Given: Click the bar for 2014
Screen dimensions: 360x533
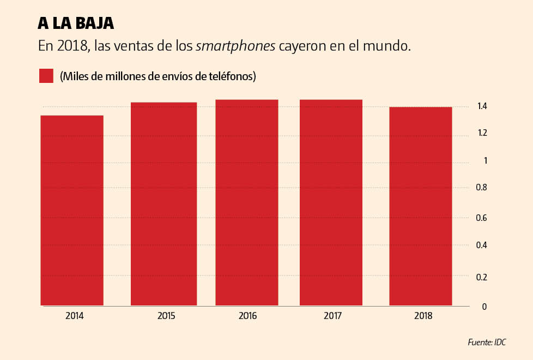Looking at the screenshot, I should (72, 211).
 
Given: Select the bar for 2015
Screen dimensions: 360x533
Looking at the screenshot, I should (163, 204).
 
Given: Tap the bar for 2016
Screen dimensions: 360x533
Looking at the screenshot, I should (247, 202).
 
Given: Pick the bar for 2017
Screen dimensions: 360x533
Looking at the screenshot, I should (331, 202).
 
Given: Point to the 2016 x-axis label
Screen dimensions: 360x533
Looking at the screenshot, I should (247, 316).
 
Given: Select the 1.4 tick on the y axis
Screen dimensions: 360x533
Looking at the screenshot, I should (482, 106).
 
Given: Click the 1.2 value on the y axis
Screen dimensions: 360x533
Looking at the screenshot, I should (482, 133).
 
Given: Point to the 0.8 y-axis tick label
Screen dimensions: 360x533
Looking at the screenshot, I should (482, 188).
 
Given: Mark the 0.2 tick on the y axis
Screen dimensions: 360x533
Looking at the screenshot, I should (482, 277).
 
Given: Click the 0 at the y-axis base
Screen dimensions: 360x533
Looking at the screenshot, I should (484, 307).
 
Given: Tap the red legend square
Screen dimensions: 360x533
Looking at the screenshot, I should (46, 76).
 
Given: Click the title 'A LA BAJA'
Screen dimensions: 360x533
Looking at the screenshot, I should (76, 23).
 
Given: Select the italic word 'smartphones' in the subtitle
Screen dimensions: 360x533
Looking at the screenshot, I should (235, 46).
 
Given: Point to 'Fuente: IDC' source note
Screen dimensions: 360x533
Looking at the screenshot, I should (487, 343).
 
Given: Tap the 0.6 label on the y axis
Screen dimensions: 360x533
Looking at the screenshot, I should (482, 218).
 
